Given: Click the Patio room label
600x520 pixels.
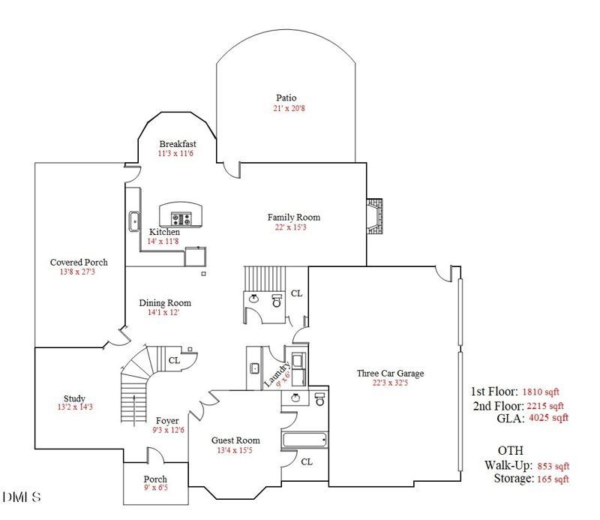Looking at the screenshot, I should pos(286,98).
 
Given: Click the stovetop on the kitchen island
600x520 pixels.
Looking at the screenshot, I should pos(182,219).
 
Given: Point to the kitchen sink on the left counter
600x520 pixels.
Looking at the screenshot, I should pos(135,221).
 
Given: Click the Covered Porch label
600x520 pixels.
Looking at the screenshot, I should pos(79,263).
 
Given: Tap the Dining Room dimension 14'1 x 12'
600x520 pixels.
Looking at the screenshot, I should pos(164,313).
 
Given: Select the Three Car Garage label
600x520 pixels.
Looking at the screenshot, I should pos(390,373).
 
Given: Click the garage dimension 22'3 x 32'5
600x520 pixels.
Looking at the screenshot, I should pos(390,383).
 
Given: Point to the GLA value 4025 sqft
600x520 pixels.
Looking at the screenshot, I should pos(548,418).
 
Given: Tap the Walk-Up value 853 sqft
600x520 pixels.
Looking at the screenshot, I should pos(548,465).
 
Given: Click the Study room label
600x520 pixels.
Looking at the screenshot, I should pos(73,398).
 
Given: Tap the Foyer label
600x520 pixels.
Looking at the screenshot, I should pos(167,421).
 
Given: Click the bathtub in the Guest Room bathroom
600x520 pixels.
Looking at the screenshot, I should pos(304,440).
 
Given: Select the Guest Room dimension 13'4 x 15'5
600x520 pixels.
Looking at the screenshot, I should pos(235,450).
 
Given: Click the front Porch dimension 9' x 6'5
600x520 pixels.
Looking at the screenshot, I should pos(155,489).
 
